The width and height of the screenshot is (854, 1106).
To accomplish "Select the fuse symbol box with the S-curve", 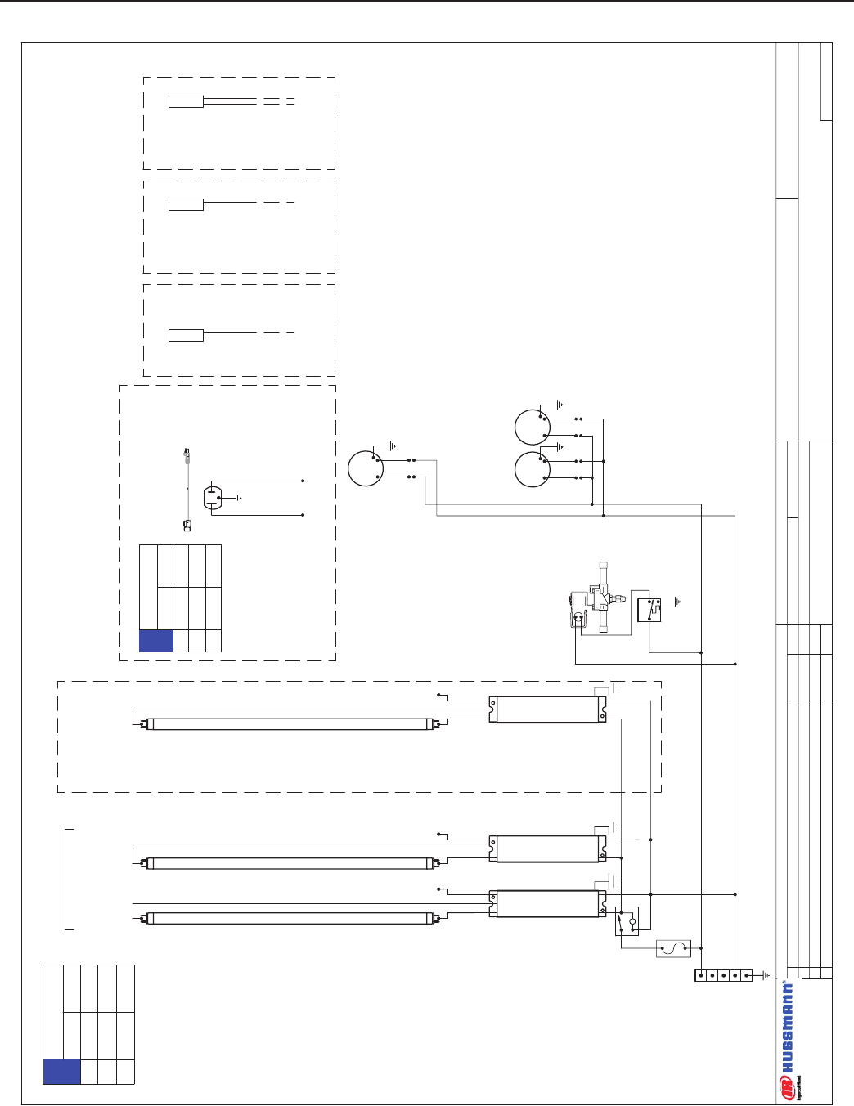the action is [x=673, y=948].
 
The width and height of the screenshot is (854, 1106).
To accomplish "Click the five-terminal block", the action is [x=723, y=975].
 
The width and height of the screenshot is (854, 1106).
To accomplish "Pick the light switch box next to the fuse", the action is [x=627, y=920].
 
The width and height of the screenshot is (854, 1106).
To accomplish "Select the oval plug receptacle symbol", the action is [x=212, y=498].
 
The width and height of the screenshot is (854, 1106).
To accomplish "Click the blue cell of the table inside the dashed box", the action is [x=156, y=640].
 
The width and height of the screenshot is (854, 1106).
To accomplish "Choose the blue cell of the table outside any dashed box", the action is [x=61, y=1072].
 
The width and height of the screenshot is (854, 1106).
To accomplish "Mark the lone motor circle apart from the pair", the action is [x=365, y=468].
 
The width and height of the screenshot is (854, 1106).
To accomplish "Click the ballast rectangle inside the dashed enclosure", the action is [x=547, y=710].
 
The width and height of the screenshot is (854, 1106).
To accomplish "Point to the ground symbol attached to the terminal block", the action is [x=766, y=975].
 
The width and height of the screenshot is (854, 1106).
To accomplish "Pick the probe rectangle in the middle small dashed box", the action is [x=186, y=205].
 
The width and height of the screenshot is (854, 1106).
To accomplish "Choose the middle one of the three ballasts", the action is [x=547, y=849].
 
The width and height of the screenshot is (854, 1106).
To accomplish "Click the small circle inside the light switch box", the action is [x=632, y=921].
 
